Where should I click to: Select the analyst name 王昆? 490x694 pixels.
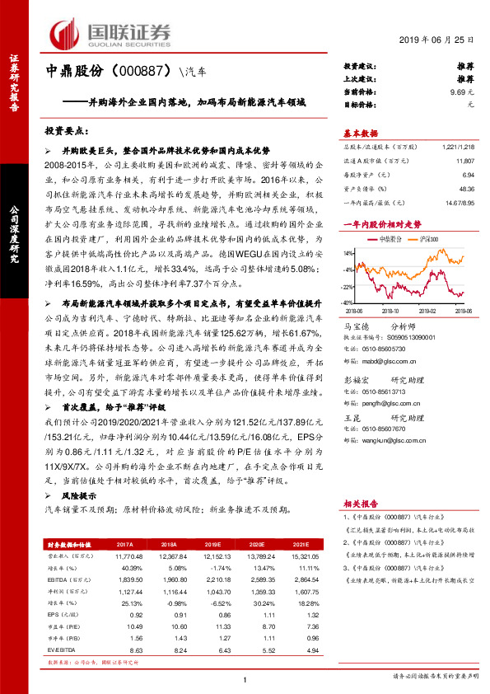(351, 419)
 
